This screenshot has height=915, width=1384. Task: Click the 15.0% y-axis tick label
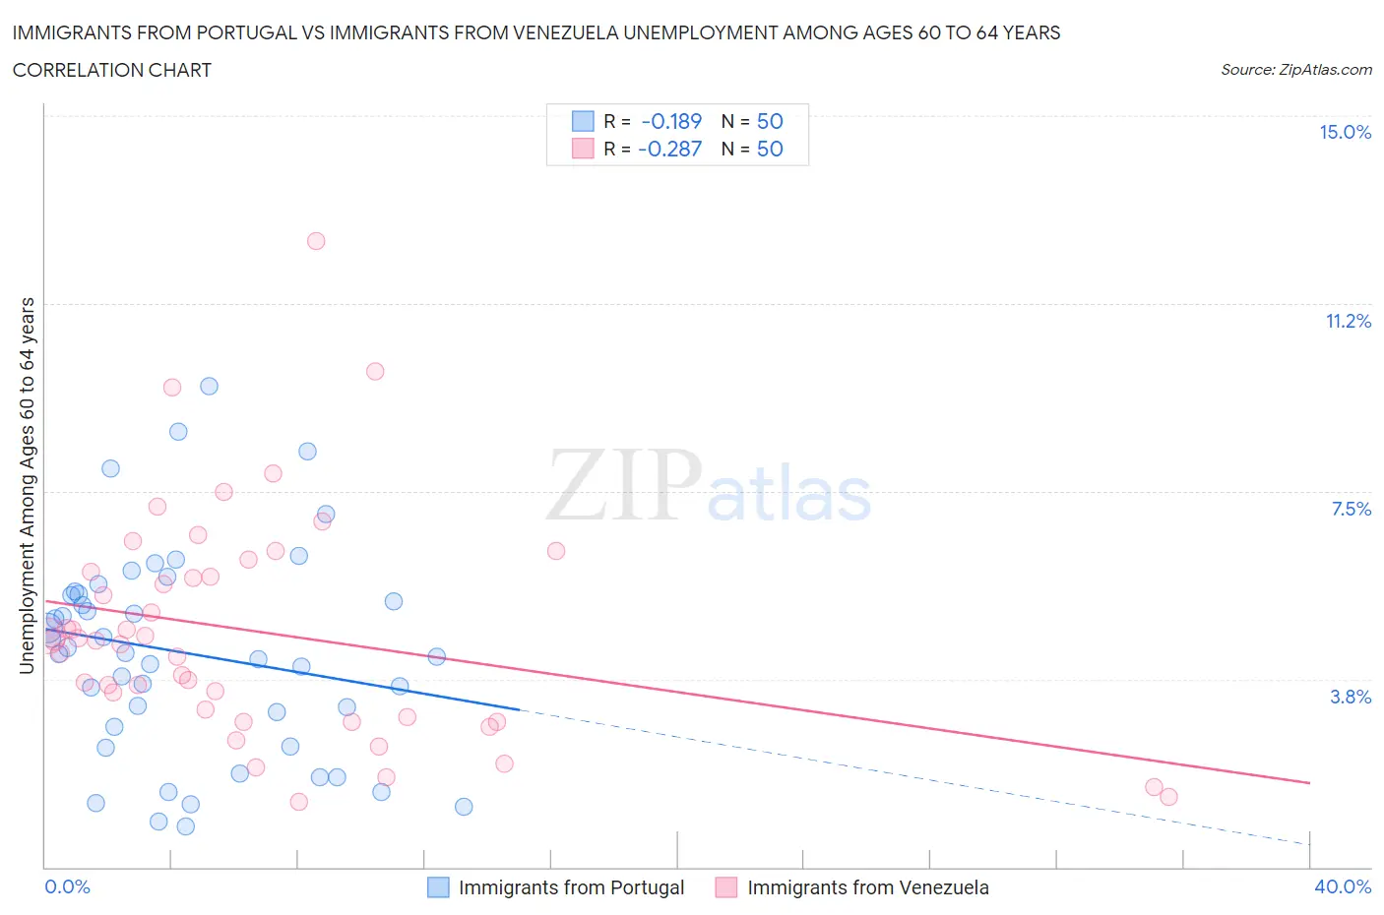[x=1345, y=133]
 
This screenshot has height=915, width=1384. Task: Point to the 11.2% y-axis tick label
[x=1348, y=322]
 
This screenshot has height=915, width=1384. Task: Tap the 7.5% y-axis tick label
[x=1351, y=510]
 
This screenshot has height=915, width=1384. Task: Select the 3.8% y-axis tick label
[x=1351, y=698]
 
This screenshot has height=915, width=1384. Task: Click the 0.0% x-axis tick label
[x=67, y=887]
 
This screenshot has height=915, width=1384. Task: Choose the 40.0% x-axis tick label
[x=1343, y=887]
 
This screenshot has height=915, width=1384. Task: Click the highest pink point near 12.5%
[x=316, y=241]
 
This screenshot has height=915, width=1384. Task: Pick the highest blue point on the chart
[x=209, y=387]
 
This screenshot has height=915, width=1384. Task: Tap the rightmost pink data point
[x=1168, y=797]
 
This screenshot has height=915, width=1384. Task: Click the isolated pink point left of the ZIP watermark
[x=556, y=551]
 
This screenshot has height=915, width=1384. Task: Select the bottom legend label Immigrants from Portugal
[x=571, y=888]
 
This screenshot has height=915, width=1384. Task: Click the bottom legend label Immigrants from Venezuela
[x=867, y=888]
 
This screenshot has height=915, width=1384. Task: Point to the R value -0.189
[x=671, y=122]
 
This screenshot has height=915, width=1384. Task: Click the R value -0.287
[x=669, y=150]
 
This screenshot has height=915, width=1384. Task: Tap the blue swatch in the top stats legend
[x=583, y=122]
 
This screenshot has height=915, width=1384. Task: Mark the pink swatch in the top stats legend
[x=583, y=150]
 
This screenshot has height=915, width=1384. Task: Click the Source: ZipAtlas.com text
[x=1295, y=70]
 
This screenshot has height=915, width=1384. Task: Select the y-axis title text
[x=27, y=486]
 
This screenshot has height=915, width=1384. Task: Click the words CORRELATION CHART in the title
[x=112, y=71]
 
